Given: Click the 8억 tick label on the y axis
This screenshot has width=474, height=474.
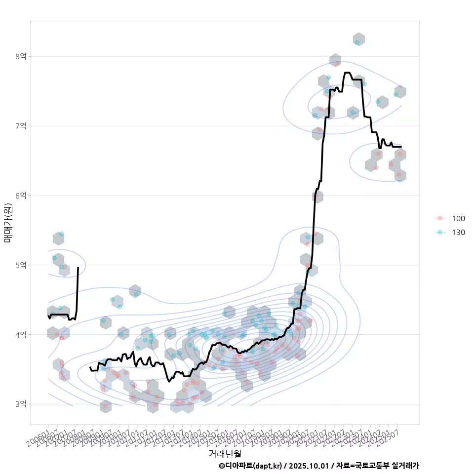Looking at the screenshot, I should click(x=20, y=56).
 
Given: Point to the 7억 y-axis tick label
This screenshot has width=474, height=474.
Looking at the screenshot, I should click(x=20, y=126).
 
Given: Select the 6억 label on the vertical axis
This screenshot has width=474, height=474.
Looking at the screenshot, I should click(x=20, y=196).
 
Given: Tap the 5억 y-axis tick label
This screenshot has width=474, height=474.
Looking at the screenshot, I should click(x=20, y=265).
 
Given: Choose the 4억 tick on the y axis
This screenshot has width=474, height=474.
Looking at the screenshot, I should click(x=20, y=335).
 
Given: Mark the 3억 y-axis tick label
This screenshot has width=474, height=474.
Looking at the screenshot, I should click(x=20, y=404).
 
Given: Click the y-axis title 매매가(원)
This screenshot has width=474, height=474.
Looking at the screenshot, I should click(x=8, y=223).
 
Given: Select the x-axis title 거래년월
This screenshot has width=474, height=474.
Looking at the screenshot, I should click(x=225, y=453).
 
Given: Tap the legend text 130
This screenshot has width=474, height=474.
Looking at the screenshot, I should click(x=458, y=232).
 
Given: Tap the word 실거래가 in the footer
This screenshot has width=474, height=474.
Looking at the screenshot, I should click(x=405, y=466).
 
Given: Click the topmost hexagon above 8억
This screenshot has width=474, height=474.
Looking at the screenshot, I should click(x=359, y=39).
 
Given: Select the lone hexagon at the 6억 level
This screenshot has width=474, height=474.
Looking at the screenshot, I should click(x=317, y=197).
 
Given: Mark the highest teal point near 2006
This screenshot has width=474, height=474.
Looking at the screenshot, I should click(x=61, y=234).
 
